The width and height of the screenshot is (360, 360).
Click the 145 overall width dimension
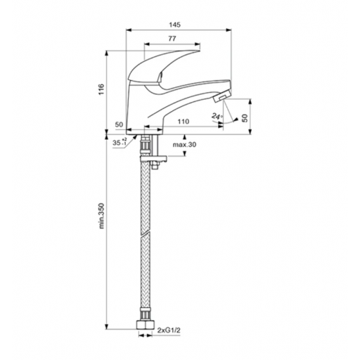point(175,25)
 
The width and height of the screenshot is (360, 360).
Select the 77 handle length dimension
point(172,39)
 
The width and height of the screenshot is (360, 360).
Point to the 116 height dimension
point(101,89)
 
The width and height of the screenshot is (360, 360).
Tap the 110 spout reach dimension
point(183,122)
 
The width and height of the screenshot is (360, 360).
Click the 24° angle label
point(217,116)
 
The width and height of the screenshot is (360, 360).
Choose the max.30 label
point(184,145)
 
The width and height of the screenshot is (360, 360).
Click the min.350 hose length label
point(101,216)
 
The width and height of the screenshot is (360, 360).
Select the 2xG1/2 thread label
point(169,330)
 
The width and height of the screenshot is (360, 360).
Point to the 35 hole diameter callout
point(120,142)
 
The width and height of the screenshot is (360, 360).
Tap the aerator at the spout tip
point(221,96)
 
